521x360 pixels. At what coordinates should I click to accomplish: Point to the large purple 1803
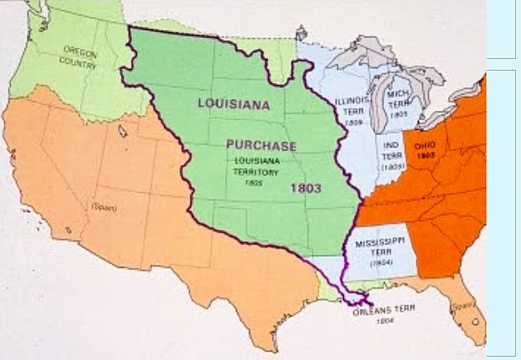pos(306,188)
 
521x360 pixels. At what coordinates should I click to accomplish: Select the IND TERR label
pos(391,147)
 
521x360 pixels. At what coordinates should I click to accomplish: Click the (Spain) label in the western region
pos(105,205)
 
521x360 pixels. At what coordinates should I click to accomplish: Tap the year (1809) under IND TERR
pos(392,166)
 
